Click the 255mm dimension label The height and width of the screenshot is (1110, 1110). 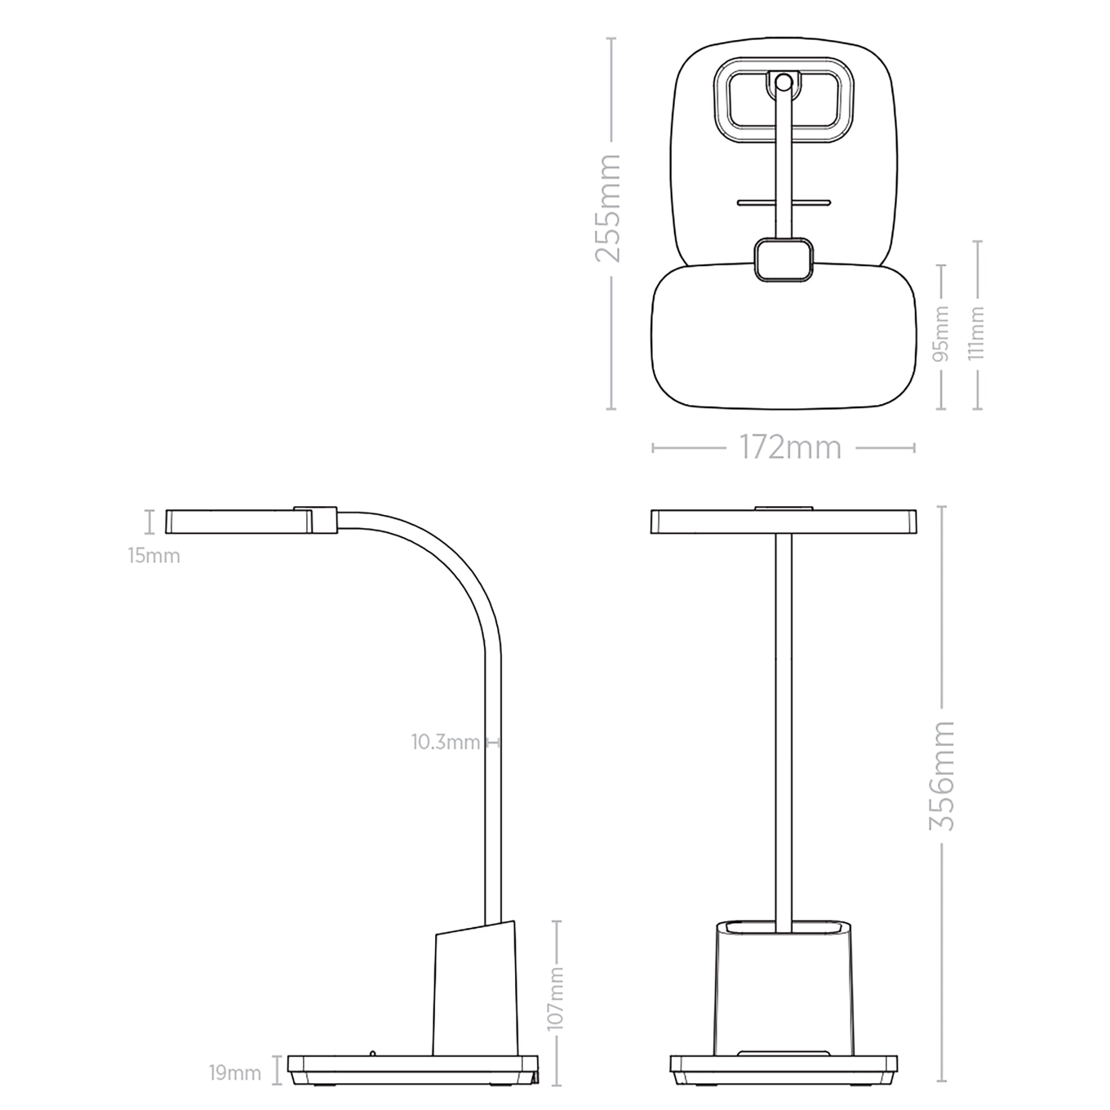608,208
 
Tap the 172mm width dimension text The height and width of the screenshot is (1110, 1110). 789,447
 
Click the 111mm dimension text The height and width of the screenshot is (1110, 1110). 977,332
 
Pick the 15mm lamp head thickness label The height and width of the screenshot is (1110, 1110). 154,556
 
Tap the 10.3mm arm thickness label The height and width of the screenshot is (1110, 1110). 445,742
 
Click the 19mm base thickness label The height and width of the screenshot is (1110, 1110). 234,1072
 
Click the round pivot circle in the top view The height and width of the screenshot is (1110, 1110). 783,83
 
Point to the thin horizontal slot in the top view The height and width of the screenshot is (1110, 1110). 784,202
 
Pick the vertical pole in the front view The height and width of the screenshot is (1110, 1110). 784,718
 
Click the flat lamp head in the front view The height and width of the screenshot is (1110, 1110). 784,522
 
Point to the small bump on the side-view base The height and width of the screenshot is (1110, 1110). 373,1052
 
